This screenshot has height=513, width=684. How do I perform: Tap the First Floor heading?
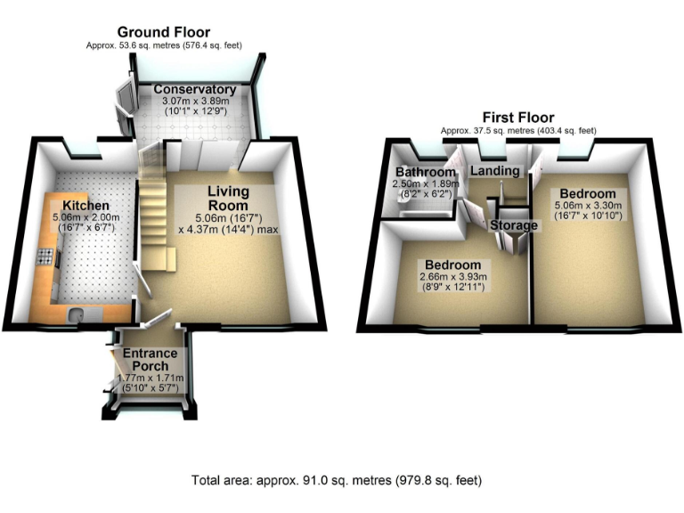tap(517, 118)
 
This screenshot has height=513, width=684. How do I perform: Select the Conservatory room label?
tap(194, 90)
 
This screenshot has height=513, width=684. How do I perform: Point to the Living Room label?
tap(229, 199)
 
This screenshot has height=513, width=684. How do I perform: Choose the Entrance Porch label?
tap(151, 360)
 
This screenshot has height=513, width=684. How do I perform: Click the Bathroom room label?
tap(426, 172)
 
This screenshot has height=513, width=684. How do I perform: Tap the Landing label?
tap(494, 171)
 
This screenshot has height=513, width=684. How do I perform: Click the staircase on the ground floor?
tap(155, 214)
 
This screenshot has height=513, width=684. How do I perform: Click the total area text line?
tap(337, 480)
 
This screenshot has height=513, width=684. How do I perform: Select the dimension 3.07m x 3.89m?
tap(194, 102)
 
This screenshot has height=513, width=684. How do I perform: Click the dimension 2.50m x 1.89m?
tap(426, 184)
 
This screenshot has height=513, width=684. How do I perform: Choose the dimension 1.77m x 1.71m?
tap(151, 378)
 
